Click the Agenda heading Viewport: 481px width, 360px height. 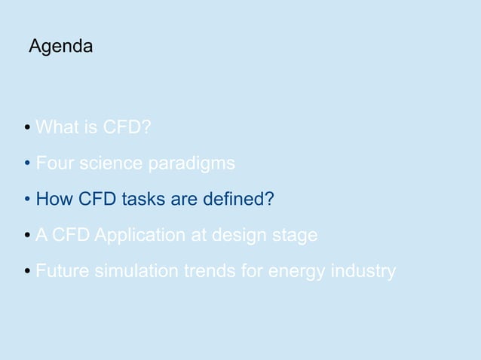click(x=60, y=47)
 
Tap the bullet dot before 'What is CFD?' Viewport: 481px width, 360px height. click(x=28, y=129)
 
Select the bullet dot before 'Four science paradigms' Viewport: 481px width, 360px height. click(x=28, y=164)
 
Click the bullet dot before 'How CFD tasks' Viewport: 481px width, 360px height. click(x=28, y=200)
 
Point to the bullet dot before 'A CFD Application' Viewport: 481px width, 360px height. click(x=28, y=236)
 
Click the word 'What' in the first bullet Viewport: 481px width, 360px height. click(x=54, y=127)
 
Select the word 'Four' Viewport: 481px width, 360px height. click(x=52, y=163)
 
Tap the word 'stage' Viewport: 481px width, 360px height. click(x=296, y=236)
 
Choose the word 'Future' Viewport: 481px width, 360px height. click(x=63, y=271)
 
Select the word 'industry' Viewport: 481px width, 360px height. click(x=364, y=272)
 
